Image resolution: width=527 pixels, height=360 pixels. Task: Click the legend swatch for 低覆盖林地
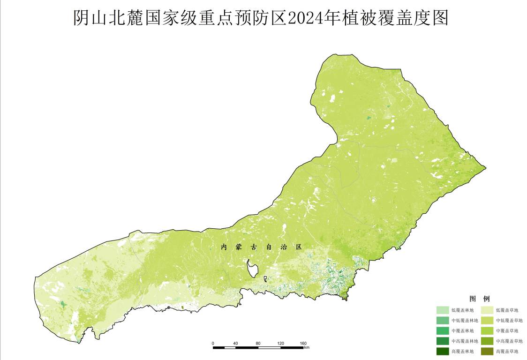pos(443,310)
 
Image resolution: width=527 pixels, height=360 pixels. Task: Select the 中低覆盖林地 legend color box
pos(443,321)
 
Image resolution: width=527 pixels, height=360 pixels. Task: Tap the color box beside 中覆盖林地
pos(443,331)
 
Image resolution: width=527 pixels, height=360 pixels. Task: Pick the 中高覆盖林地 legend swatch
pos(443,341)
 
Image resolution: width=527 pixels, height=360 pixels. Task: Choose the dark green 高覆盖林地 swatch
pos(443,352)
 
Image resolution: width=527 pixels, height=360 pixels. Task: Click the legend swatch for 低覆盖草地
pos(487,310)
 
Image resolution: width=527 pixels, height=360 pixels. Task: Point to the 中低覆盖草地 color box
pos(487,321)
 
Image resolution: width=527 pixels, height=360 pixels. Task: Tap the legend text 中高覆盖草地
pos(509,341)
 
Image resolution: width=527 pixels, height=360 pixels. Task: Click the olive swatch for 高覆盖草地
pos(487,352)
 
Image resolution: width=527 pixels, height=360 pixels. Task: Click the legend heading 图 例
pos(479,299)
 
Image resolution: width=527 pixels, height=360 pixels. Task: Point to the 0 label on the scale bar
pos(213,343)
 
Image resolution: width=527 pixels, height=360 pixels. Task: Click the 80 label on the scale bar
pos(258,343)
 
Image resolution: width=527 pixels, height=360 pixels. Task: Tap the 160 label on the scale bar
pos(303,343)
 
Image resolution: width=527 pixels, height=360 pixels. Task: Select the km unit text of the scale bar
pos(307,348)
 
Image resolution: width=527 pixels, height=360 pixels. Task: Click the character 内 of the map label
pos(224,247)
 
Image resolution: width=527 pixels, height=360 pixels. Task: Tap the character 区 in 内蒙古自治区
pos(299,247)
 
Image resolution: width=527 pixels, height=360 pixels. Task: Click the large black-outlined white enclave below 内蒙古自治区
pos(253,269)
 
